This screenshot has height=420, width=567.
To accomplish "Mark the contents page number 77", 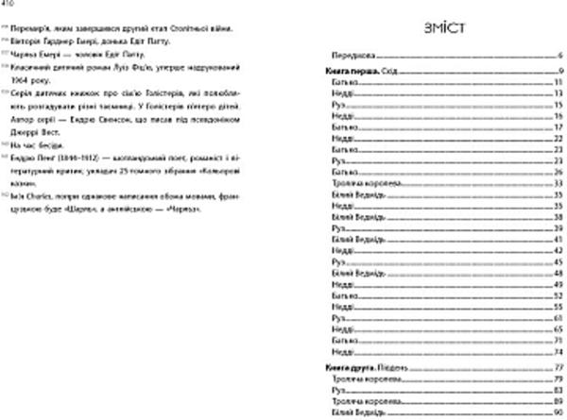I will [x=558, y=363].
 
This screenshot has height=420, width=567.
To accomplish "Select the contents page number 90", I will [x=558, y=412].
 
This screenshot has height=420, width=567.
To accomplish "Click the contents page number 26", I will [x=558, y=172].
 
